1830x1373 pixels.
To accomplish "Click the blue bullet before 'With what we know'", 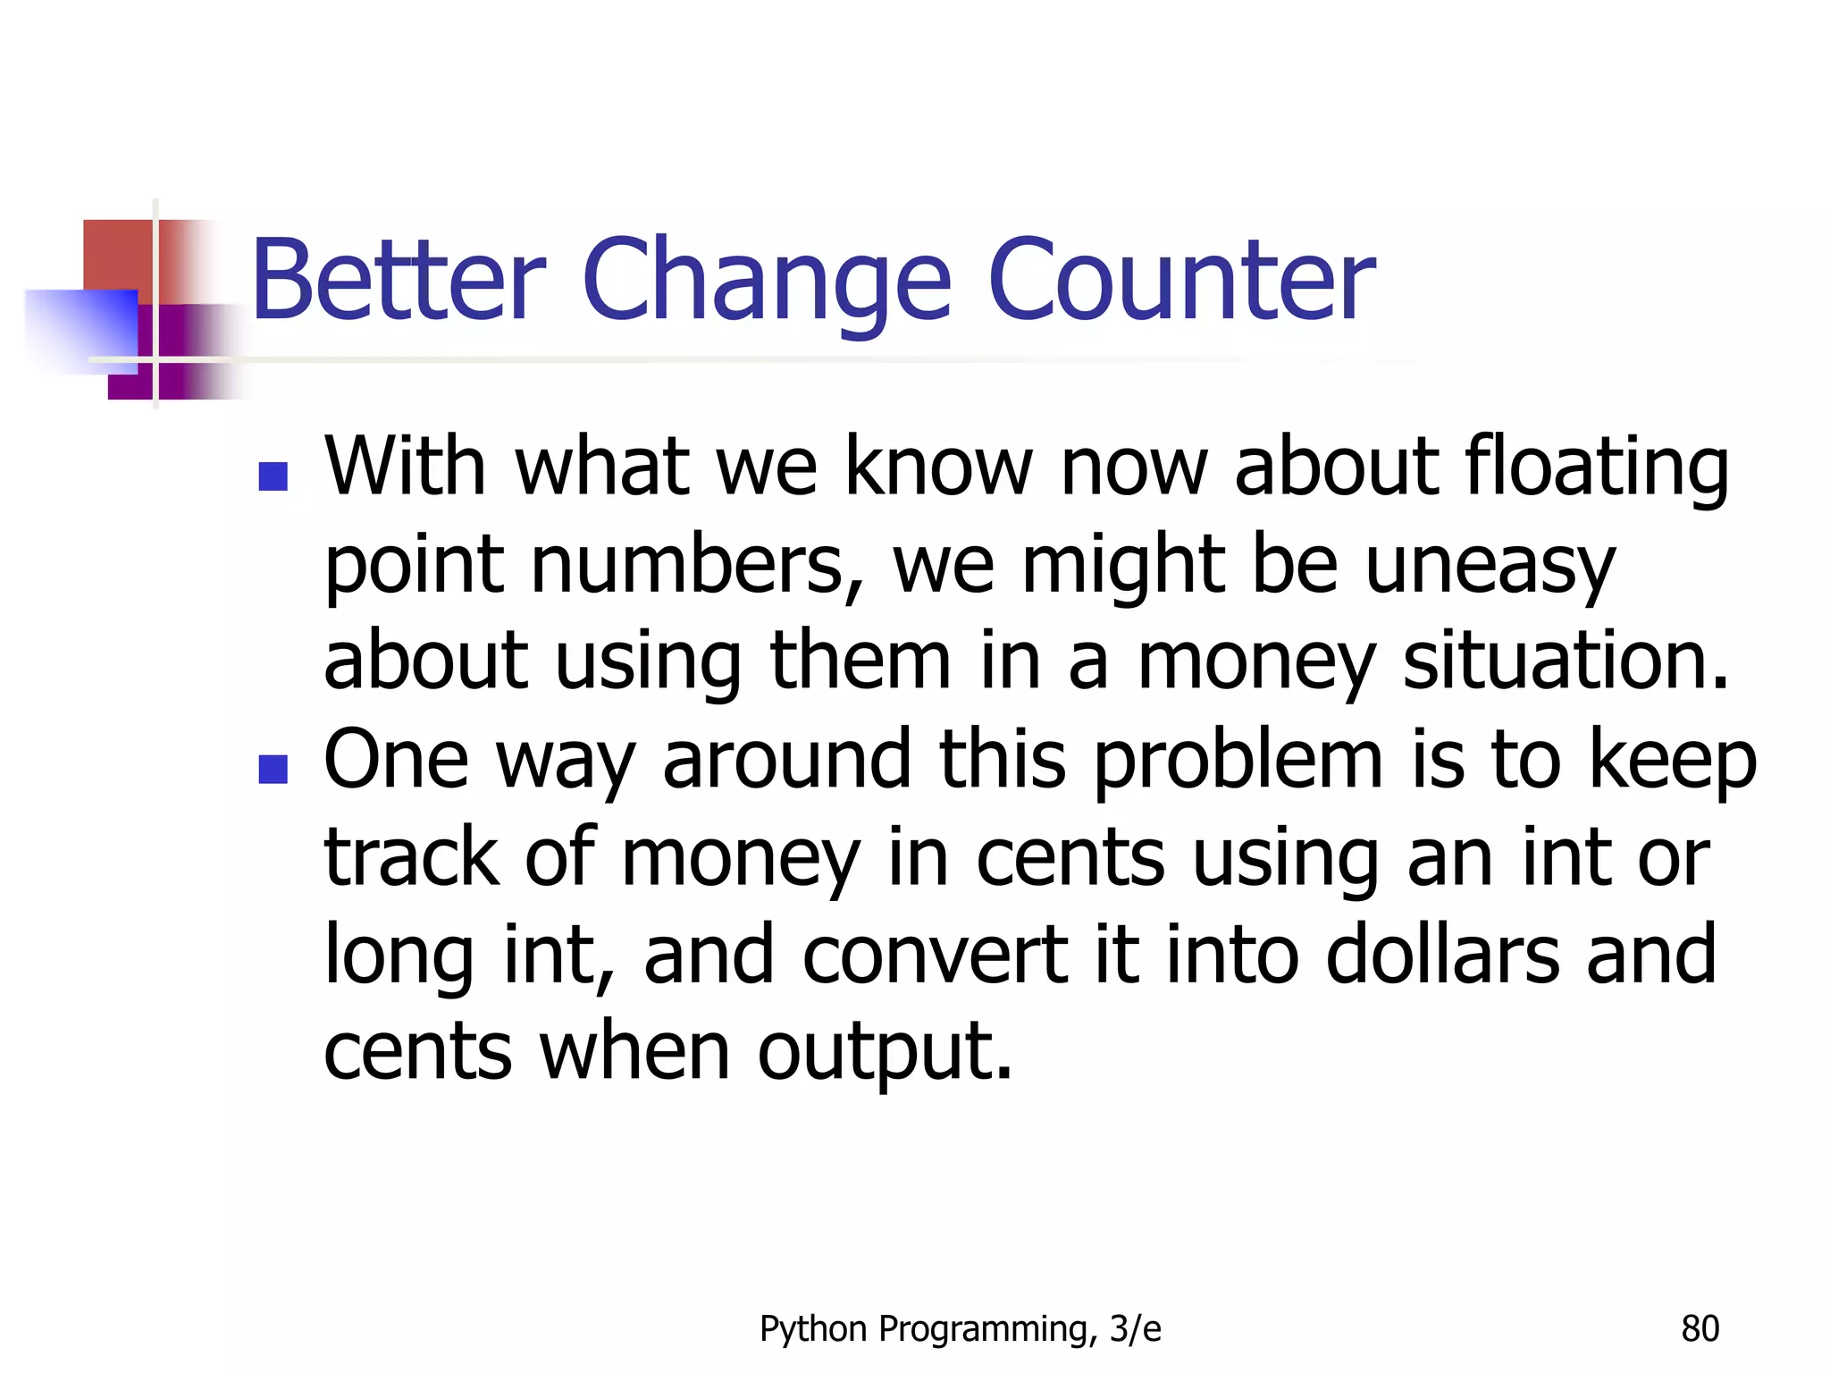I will pyautogui.click(x=273, y=476).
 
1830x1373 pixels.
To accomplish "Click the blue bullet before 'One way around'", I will pyautogui.click(x=273, y=769).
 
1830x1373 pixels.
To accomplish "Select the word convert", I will pyautogui.click(x=935, y=955).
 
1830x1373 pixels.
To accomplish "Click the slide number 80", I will pyautogui.click(x=1700, y=1329).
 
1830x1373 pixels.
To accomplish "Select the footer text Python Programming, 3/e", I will pyautogui.click(x=960, y=1329).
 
